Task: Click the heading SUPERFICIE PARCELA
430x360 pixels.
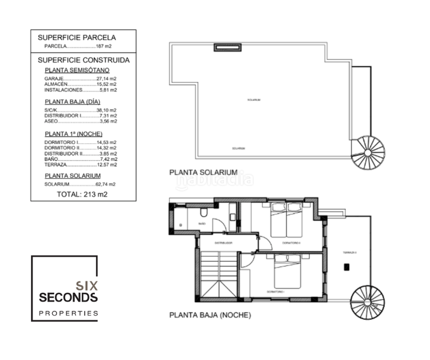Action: coord(77,37)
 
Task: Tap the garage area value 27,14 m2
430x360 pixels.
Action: coord(107,79)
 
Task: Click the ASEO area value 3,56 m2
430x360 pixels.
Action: coord(108,121)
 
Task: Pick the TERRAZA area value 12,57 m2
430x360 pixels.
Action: coord(107,164)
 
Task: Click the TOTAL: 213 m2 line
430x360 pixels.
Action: coord(82,194)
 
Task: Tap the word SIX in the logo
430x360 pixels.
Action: coord(86,286)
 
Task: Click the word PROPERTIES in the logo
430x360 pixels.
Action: coord(68,313)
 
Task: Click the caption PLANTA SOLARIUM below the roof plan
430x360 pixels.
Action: coord(203,172)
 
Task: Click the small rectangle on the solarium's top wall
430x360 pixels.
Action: coord(228,47)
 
